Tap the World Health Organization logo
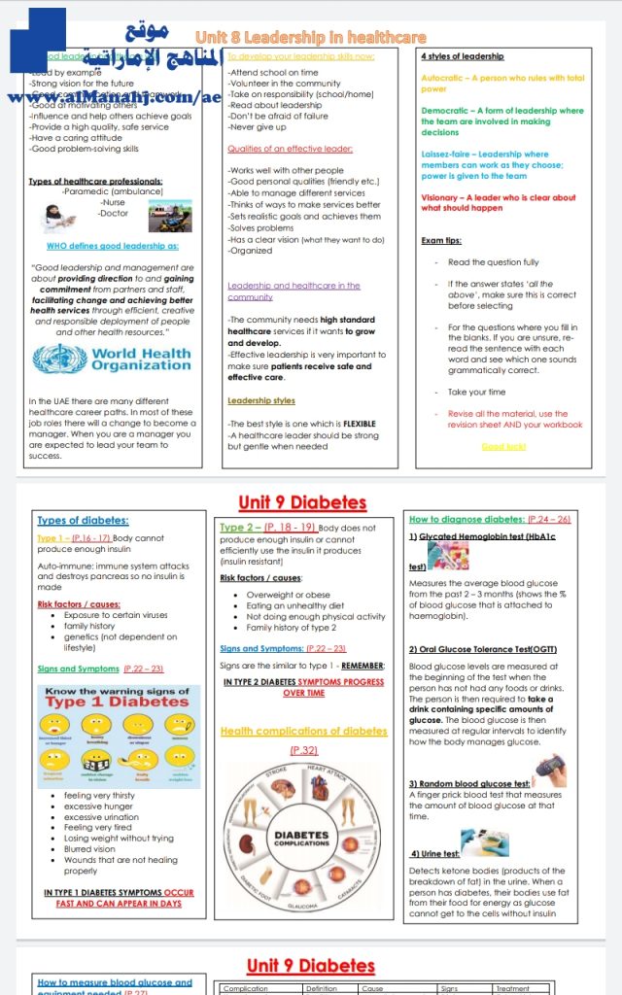click(112, 359)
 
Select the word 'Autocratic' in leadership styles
click(443, 78)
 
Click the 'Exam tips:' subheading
click(441, 240)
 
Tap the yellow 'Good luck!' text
click(504, 446)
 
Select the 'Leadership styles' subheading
click(261, 400)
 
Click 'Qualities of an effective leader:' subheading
click(290, 149)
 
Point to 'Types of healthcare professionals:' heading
click(95, 181)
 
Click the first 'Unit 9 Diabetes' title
click(302, 502)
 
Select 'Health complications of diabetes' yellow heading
click(303, 731)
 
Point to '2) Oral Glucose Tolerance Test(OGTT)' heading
click(468, 648)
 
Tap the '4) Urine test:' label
click(434, 853)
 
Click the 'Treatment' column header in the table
click(512, 989)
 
